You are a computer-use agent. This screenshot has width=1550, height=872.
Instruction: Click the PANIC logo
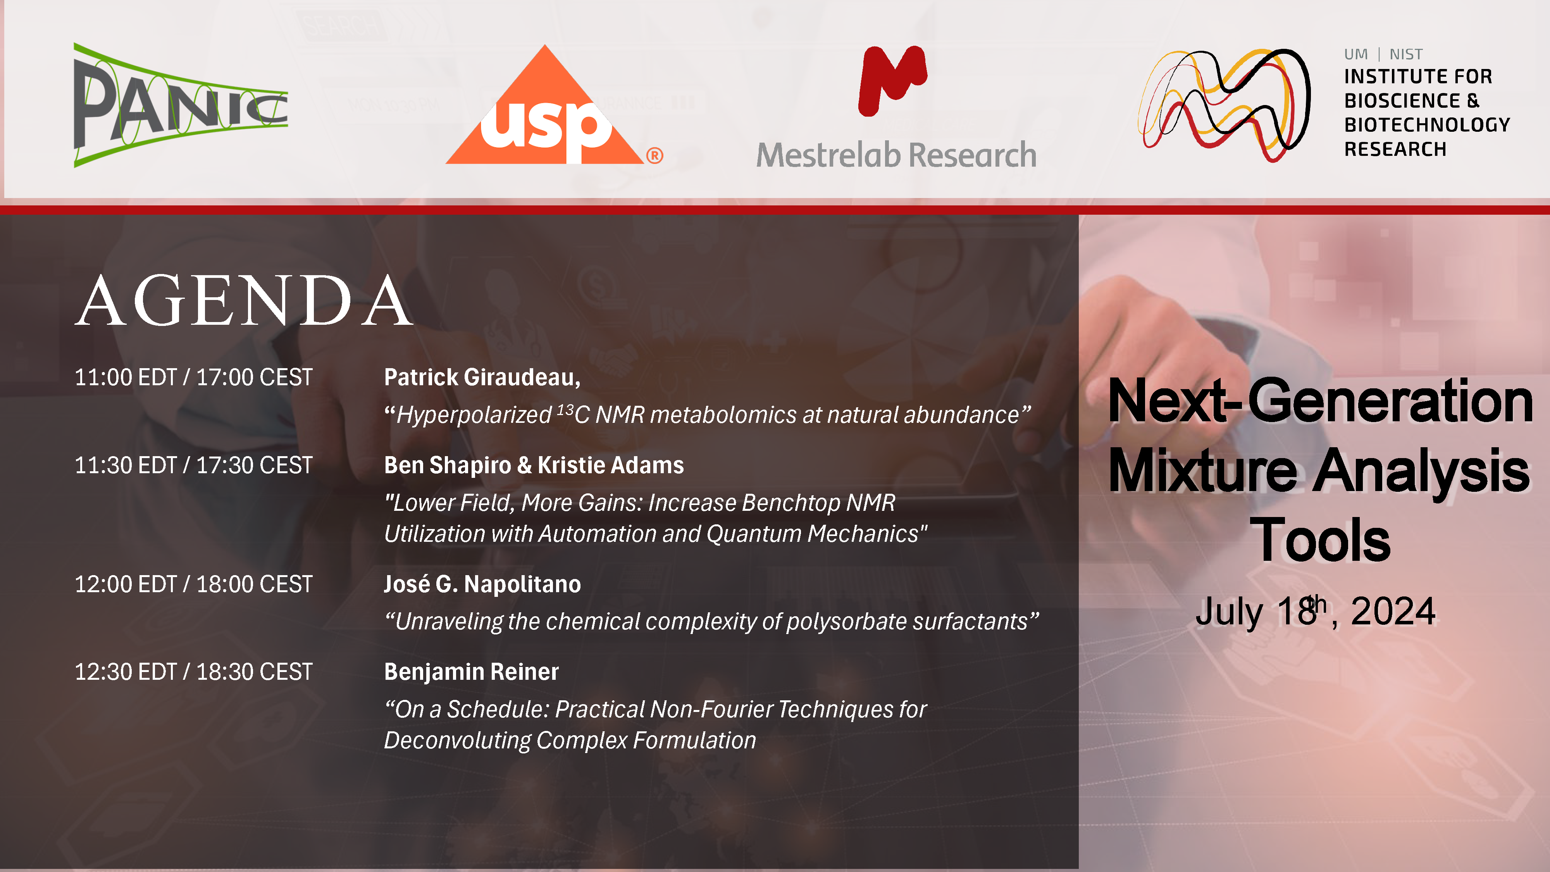pyautogui.click(x=181, y=105)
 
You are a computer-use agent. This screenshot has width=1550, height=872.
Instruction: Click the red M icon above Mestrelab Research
pyautogui.click(x=893, y=80)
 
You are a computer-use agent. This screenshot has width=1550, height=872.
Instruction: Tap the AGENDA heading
pyautogui.click(x=244, y=300)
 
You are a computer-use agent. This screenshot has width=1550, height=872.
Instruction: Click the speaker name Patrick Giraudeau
pyautogui.click(x=481, y=377)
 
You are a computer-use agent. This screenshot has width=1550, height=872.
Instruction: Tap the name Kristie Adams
pyautogui.click(x=611, y=465)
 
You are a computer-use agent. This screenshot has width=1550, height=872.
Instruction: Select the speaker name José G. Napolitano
pyautogui.click(x=482, y=584)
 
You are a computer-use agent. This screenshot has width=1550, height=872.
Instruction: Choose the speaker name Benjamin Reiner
pyautogui.click(x=472, y=672)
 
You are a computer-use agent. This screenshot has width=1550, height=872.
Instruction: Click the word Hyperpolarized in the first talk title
pyautogui.click(x=474, y=415)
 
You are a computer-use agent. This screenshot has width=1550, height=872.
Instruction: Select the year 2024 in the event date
pyautogui.click(x=1393, y=612)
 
